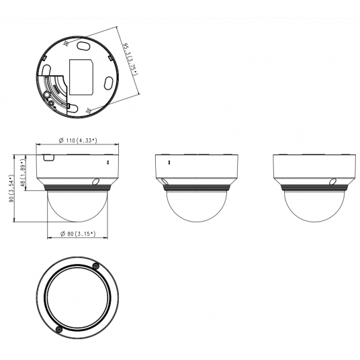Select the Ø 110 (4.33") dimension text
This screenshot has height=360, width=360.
(x=75, y=140)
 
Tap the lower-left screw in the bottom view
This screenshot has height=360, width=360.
(x=60, y=328)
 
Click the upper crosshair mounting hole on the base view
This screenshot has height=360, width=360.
(x=65, y=44)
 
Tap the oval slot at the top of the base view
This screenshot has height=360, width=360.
(x=83, y=46)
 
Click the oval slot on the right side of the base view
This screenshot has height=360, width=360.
(x=108, y=84)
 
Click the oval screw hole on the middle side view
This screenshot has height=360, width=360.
(x=163, y=181)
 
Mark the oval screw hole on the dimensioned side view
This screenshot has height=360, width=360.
(x=96, y=181)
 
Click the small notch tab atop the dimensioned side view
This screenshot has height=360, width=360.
(x=48, y=158)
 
